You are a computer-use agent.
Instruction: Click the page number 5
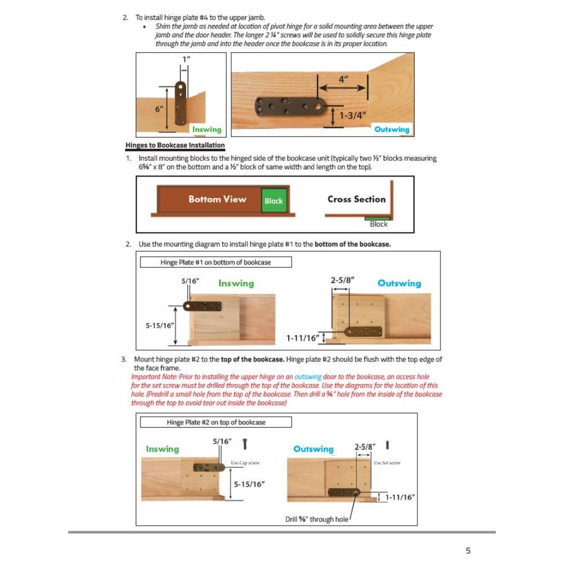(x=468, y=550)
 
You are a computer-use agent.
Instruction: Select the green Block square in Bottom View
(x=274, y=201)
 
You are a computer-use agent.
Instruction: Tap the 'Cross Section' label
(x=356, y=199)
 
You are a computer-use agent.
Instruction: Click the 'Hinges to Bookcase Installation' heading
(x=175, y=146)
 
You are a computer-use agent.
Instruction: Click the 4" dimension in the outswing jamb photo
(x=343, y=80)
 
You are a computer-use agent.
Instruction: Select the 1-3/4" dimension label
(x=352, y=116)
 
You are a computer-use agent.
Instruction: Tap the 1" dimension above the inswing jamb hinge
(x=184, y=59)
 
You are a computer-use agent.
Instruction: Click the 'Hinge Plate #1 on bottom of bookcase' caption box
(x=215, y=262)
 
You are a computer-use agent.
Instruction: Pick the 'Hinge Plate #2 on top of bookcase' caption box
(x=215, y=422)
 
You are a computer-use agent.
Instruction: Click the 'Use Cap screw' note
(x=245, y=462)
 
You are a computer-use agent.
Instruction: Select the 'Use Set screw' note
(x=387, y=462)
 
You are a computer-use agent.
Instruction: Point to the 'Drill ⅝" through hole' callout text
(x=316, y=519)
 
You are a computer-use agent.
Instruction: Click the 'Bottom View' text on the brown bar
(x=217, y=199)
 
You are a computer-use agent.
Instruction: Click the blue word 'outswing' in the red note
(x=308, y=377)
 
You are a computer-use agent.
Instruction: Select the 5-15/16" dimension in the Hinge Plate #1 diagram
(x=160, y=325)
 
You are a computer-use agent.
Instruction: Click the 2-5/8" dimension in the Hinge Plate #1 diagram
(x=342, y=280)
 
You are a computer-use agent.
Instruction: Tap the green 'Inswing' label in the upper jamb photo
(x=206, y=130)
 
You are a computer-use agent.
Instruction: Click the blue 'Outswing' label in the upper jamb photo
(x=392, y=130)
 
